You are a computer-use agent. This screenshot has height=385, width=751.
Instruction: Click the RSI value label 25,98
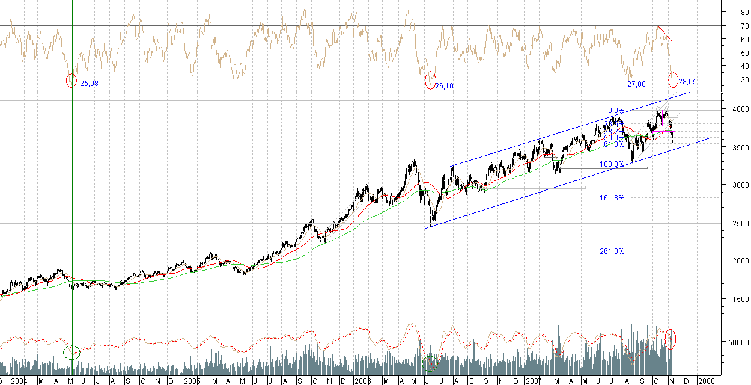point(89,84)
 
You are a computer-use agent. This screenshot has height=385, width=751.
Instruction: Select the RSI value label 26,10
point(444,86)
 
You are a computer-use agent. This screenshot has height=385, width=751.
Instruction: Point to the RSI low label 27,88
point(636,84)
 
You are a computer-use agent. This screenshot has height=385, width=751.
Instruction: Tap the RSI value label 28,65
point(687,81)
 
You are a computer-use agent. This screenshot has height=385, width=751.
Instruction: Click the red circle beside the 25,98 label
point(71,81)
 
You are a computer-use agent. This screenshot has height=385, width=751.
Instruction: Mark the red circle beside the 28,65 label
point(673,79)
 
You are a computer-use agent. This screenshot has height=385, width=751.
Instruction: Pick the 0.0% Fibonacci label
point(616,111)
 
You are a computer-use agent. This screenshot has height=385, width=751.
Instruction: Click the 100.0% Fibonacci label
point(612,164)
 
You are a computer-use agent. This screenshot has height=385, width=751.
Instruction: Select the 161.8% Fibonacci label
point(612,197)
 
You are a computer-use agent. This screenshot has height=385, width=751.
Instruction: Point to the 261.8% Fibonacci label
point(612,251)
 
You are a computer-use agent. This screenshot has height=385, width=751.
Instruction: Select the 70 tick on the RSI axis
point(744,26)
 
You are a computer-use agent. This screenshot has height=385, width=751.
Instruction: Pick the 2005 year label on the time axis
point(192,381)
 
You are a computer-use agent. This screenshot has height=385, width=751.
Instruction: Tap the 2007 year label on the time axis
point(534,381)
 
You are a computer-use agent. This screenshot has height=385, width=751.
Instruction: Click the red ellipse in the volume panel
point(671,339)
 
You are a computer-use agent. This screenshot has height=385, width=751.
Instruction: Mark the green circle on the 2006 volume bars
point(430,363)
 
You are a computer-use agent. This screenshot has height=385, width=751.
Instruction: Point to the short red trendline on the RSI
point(665,34)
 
